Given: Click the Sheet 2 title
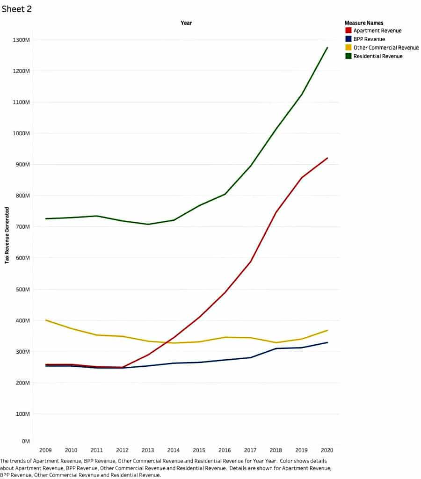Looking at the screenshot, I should pos(17,9).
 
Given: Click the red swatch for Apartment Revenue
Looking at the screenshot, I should pos(348,31).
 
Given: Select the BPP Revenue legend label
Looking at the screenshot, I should pos(369,39).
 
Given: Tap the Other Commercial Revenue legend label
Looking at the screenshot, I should pos(386,48).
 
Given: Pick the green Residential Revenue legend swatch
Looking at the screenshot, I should pos(348,56).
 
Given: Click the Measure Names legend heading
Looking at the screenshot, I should pos(363,22).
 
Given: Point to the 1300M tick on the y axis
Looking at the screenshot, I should pos(22,40).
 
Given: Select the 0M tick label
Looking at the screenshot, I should pos(26,441).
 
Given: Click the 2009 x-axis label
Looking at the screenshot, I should pos(45,450).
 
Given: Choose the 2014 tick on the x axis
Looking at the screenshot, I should pos(173,450).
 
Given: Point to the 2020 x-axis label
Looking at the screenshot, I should pos(327,450).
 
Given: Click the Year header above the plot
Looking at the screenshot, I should pos(186,23).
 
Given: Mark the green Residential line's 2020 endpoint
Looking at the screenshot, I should pos(327,47).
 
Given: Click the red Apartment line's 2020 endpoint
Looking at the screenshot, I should pos(327,158).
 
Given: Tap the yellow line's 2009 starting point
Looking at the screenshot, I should pos(45,320).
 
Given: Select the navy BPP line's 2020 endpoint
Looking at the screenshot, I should pos(327,342).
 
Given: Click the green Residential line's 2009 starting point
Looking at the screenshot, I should pos(45,218).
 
